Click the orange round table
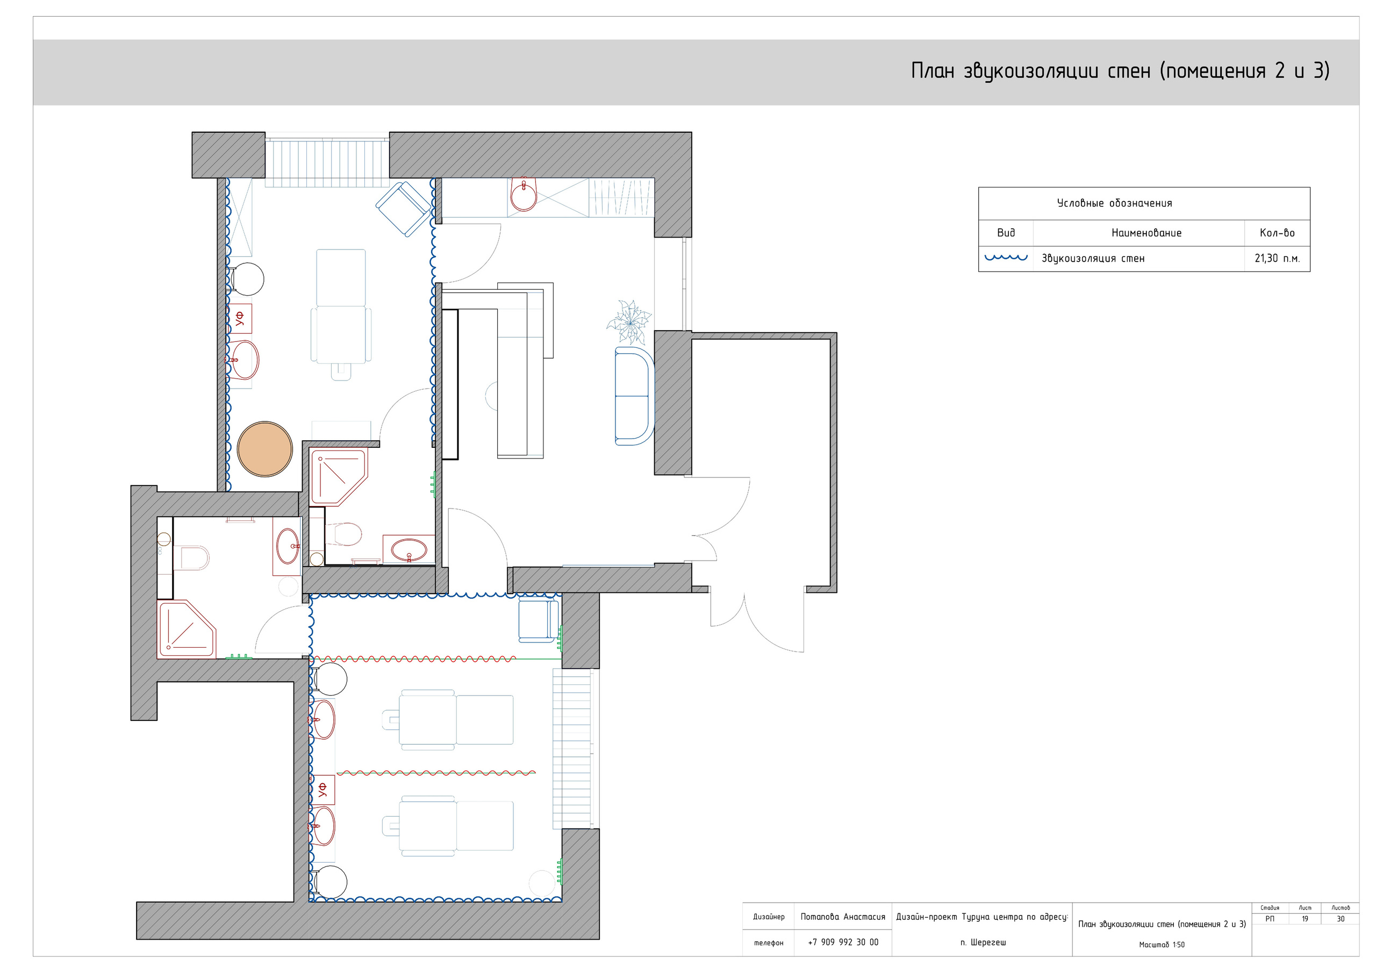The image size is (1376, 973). click(265, 449)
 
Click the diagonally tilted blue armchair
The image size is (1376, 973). click(403, 209)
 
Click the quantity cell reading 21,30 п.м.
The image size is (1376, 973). click(1277, 259)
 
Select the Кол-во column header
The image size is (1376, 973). click(1277, 233)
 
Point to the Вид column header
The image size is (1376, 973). click(1006, 233)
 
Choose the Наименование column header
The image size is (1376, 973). click(1146, 233)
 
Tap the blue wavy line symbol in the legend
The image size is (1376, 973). click(1006, 258)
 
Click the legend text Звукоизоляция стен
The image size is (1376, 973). click(1093, 259)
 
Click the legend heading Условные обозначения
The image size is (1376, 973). click(1114, 203)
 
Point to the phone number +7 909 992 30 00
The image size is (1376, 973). click(843, 942)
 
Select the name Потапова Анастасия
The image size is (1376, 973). click(843, 917)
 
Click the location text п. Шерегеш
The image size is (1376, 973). click(983, 942)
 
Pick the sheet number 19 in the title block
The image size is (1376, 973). click(1305, 919)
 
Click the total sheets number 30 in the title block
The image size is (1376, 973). click(1341, 919)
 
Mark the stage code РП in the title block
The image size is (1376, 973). click(1270, 919)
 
